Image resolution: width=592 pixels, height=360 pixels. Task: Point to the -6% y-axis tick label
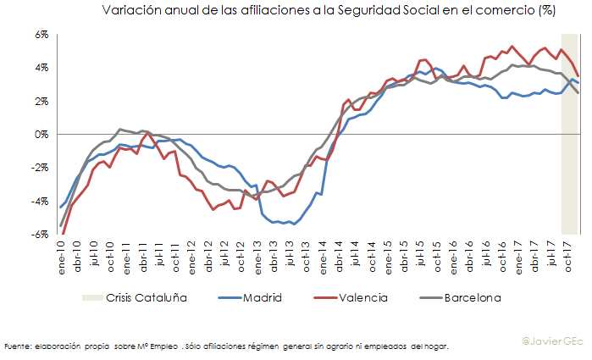41,235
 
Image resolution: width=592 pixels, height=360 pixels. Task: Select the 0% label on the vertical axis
42,135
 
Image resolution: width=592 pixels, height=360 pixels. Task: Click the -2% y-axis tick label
41,168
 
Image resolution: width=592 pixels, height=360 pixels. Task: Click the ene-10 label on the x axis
61,253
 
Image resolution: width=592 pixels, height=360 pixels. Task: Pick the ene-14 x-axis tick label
323,253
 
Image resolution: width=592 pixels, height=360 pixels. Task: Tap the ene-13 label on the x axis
257,253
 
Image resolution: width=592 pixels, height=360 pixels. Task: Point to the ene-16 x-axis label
453,253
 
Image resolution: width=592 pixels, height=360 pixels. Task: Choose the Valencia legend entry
365,297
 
